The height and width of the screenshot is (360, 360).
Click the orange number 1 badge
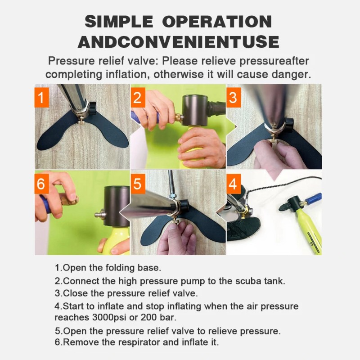(x=42, y=97)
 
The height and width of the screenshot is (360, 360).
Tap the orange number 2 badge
(x=138, y=97)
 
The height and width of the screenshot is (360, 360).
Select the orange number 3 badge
(x=234, y=97)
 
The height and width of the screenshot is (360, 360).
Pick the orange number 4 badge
(x=234, y=184)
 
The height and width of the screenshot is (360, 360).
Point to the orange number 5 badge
(x=138, y=184)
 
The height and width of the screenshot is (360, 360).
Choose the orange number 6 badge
(x=42, y=184)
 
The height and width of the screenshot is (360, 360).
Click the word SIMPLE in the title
(x=119, y=22)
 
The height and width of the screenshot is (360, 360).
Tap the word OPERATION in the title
(x=217, y=22)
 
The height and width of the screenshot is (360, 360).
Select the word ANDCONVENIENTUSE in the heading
(x=179, y=42)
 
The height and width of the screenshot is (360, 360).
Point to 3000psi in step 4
(x=109, y=318)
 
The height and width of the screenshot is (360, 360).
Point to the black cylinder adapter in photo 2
(x=194, y=110)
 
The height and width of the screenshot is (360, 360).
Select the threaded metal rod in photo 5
(x=171, y=184)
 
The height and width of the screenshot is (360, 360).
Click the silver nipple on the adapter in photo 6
(x=100, y=215)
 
